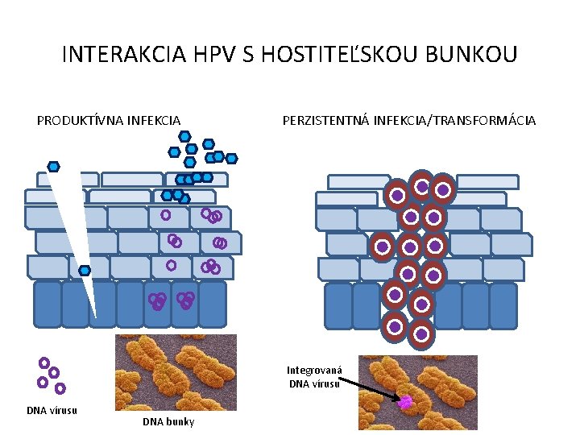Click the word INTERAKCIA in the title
126,55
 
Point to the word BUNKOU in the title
474,55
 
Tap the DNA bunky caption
168,422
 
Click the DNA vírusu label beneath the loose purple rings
52,410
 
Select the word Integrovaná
315,371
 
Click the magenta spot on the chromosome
406,401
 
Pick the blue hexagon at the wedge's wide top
53,167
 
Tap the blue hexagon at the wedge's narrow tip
85,271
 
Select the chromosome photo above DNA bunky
176,372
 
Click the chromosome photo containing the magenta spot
417,392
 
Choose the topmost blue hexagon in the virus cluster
184,136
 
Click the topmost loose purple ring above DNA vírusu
44,363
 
